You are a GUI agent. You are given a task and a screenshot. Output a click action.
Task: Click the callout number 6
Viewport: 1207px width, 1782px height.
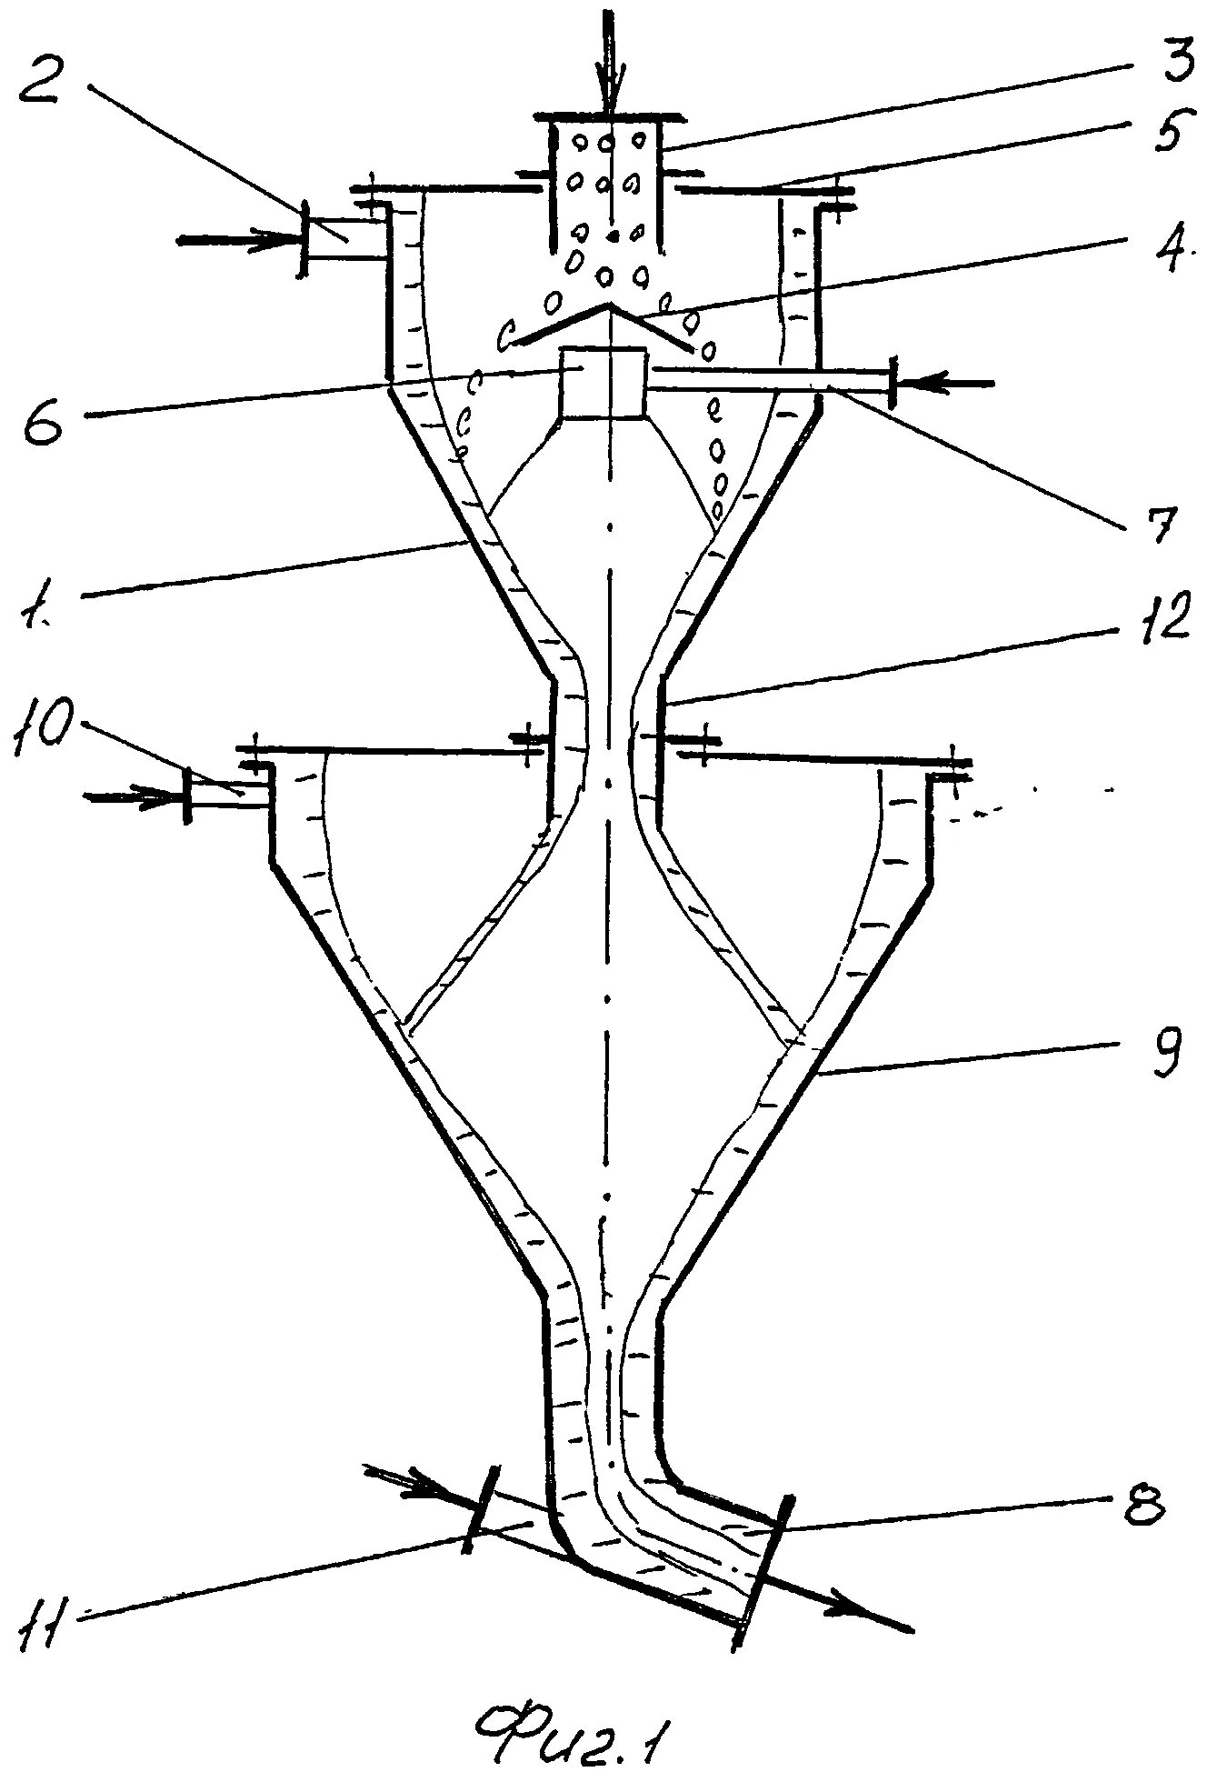(44, 419)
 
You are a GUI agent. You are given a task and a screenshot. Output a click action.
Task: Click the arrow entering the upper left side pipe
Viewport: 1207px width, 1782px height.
(236, 241)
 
